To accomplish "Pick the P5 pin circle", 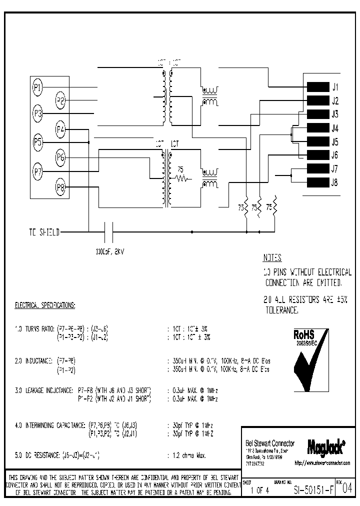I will click(x=38, y=141).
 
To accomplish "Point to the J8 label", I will click(x=334, y=182).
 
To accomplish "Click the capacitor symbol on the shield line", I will click(x=108, y=232).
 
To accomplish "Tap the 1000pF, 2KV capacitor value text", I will click(x=109, y=251).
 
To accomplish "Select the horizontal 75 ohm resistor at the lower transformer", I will click(x=180, y=177).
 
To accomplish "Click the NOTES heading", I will click(x=272, y=258).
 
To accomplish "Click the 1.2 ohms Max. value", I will click(x=185, y=456).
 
